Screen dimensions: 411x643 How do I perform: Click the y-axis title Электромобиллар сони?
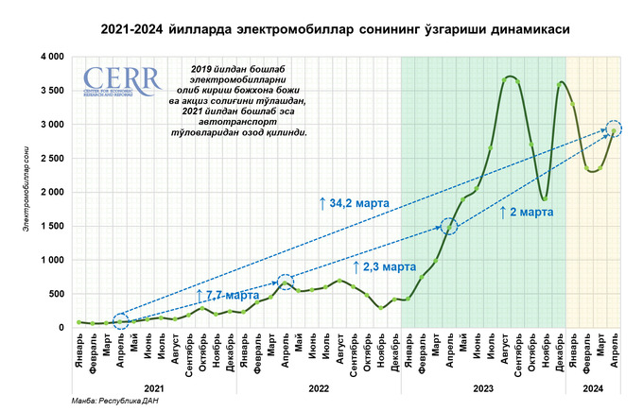click(16, 194)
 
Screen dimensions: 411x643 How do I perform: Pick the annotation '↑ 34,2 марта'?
click(355, 202)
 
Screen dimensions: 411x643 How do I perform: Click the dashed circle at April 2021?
click(120, 321)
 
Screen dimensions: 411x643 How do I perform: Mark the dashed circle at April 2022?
click(285, 282)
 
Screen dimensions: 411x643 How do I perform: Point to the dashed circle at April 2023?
click(450, 225)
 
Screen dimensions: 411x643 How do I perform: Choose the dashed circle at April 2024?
click(614, 128)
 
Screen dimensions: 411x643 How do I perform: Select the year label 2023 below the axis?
click(483, 387)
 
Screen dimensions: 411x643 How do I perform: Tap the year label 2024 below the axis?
click(593, 387)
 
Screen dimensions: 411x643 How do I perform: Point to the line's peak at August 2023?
click(511, 77)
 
